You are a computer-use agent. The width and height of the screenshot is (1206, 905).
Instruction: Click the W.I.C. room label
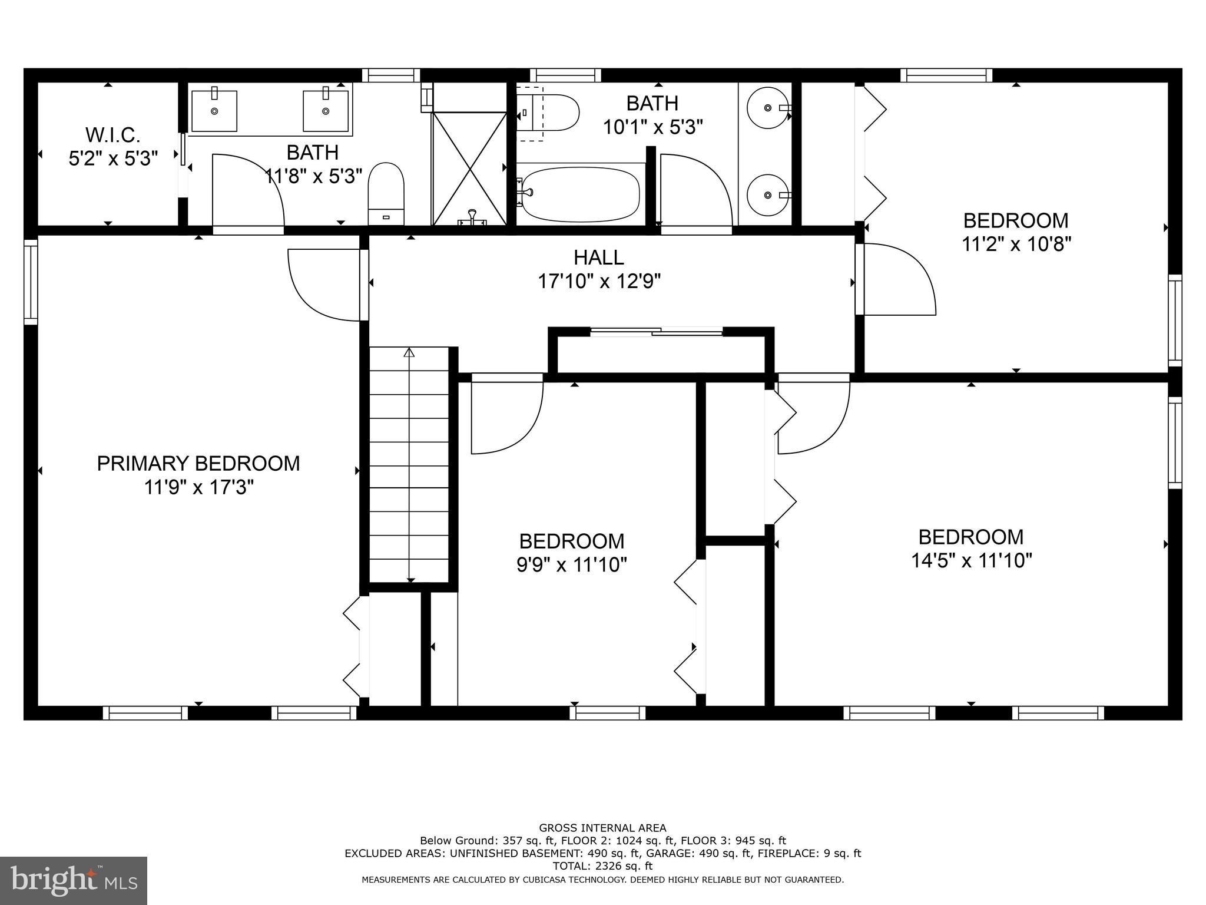click(113, 136)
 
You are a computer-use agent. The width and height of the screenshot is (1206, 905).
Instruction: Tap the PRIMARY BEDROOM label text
click(198, 464)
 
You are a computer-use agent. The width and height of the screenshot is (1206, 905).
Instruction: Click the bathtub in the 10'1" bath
click(580, 193)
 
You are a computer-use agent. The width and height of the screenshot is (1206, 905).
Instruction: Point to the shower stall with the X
click(470, 168)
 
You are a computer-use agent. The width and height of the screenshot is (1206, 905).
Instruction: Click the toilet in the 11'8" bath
click(386, 193)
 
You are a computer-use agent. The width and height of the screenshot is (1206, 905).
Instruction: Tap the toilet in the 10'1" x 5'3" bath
click(549, 113)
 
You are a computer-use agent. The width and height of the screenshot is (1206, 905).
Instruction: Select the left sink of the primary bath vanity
click(214, 111)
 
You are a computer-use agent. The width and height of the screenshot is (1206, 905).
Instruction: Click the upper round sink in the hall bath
click(767, 108)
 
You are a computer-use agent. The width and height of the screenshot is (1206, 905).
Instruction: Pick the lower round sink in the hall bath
click(767, 195)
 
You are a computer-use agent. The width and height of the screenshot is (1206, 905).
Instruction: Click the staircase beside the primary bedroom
click(409, 465)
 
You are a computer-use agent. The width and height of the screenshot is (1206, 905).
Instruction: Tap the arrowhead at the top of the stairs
click(409, 352)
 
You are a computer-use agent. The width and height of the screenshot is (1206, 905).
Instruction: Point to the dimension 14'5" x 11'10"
click(972, 560)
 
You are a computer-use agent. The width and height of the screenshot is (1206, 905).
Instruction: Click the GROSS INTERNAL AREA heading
click(602, 828)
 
